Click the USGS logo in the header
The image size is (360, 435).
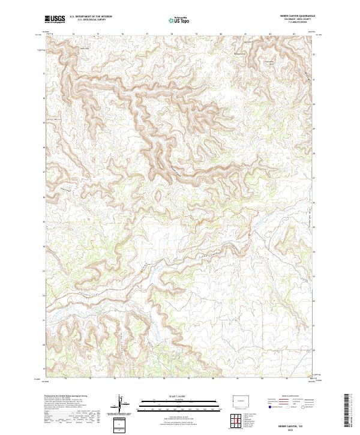pyautogui.click(x=55, y=20)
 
